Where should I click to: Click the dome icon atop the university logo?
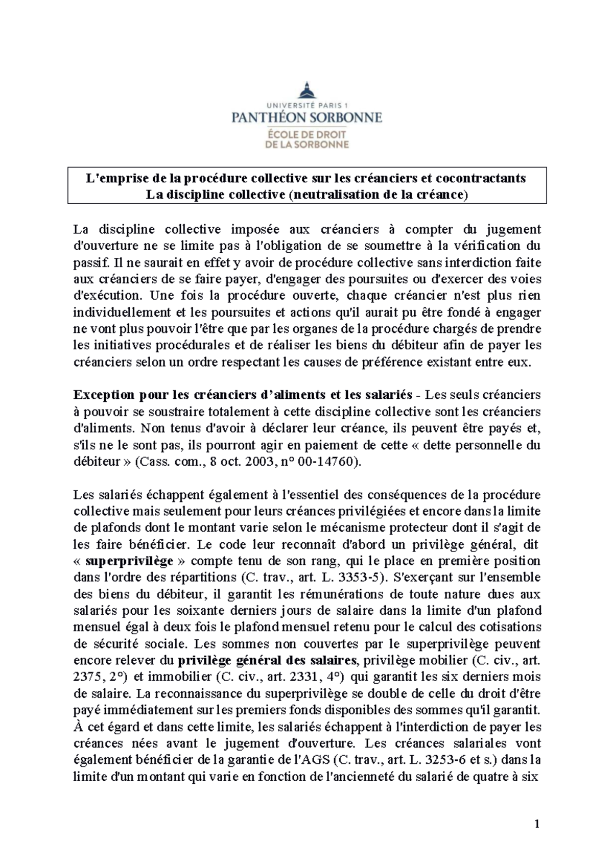tap(306, 90)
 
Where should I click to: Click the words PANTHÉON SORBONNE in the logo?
tap(306, 117)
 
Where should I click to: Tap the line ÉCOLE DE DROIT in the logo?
tap(306, 135)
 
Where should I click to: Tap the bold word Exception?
tap(104, 395)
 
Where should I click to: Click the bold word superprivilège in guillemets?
tap(130, 561)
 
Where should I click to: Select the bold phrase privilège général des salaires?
tap(267, 660)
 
